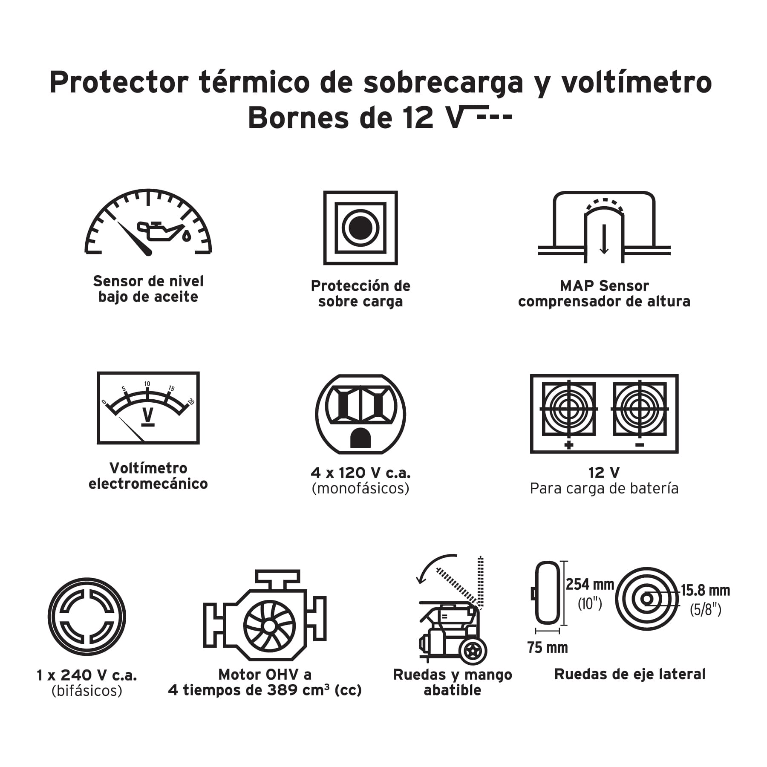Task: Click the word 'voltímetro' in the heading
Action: coord(636,82)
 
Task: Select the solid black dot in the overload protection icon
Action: coord(360,228)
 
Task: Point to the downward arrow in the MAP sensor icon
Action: coord(604,239)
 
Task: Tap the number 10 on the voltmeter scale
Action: coord(147,384)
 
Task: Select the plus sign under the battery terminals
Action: coord(568,445)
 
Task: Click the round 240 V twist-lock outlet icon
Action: coord(87,616)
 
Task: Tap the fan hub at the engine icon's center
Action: coord(269,626)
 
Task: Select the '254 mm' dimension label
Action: coord(590,584)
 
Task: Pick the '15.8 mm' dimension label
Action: coord(705,590)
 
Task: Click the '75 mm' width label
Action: coord(548,648)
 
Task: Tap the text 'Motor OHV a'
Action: coord(265,675)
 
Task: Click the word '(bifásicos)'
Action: coord(87,690)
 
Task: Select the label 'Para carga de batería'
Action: coord(604,488)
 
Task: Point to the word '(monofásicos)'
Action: coord(360,488)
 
